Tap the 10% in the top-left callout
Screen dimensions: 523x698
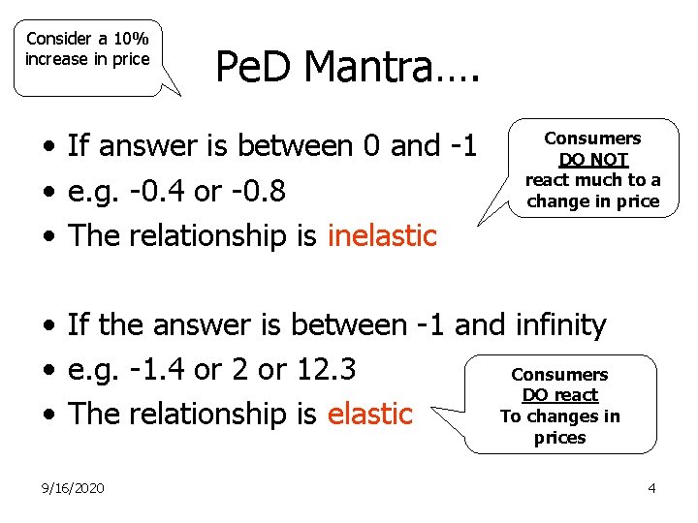129,39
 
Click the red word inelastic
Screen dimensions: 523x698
383,235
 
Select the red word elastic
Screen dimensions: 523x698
370,414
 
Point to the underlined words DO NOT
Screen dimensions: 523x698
593,160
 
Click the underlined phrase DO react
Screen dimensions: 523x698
560,395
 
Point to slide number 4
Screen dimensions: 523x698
651,488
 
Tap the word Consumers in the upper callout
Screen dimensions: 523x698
592,138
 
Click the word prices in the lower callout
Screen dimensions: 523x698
559,438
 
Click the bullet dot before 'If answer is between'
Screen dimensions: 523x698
48,148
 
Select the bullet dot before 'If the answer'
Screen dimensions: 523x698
48,327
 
